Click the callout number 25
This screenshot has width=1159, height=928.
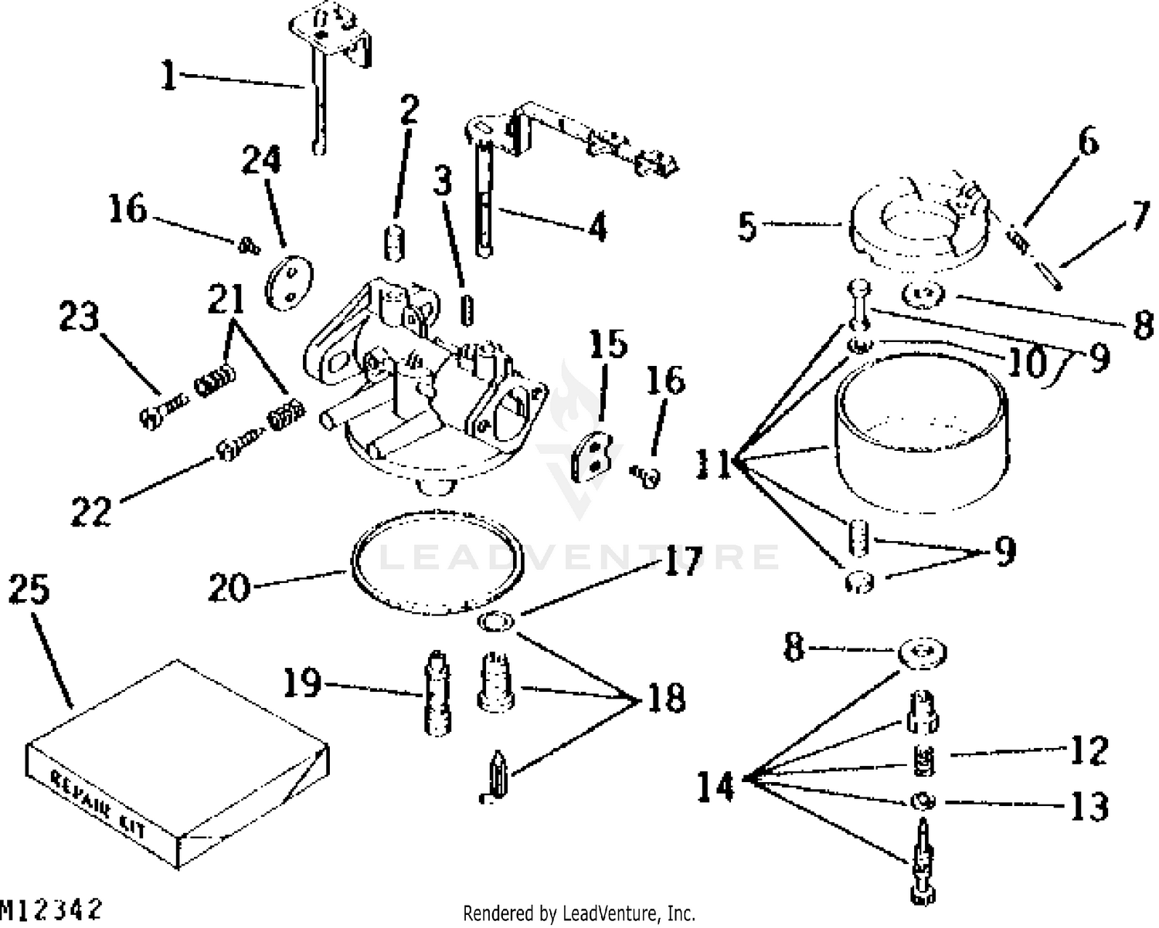coord(29,591)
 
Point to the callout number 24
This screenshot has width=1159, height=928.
coord(261,161)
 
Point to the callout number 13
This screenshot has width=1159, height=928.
coord(1089,806)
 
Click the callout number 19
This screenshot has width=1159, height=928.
coord(301,683)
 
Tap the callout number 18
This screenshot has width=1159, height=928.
coord(664,699)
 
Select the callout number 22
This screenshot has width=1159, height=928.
coord(91,510)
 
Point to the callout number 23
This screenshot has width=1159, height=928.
coord(80,317)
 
